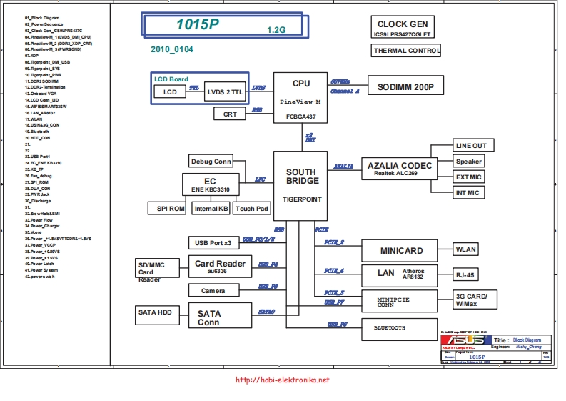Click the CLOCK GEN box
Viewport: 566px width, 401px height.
click(402, 29)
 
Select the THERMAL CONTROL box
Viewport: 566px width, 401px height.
click(406, 51)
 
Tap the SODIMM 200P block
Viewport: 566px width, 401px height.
click(405, 87)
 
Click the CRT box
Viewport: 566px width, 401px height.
click(230, 114)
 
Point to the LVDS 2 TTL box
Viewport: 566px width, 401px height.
click(226, 92)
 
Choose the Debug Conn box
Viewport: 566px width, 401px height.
click(211, 161)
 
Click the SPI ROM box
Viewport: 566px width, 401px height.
click(167, 209)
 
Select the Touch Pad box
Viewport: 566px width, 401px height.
click(252, 209)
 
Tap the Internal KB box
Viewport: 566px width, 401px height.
click(211, 209)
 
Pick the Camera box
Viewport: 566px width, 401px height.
click(213, 290)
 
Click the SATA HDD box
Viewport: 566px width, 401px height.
click(154, 312)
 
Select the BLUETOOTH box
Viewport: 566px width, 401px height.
click(399, 329)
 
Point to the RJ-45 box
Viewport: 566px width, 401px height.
click(468, 274)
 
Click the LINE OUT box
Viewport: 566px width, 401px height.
click(471, 146)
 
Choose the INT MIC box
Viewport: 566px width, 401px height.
click(468, 193)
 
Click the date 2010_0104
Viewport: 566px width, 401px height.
click(171, 50)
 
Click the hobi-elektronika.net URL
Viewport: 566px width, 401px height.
click(282, 380)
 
